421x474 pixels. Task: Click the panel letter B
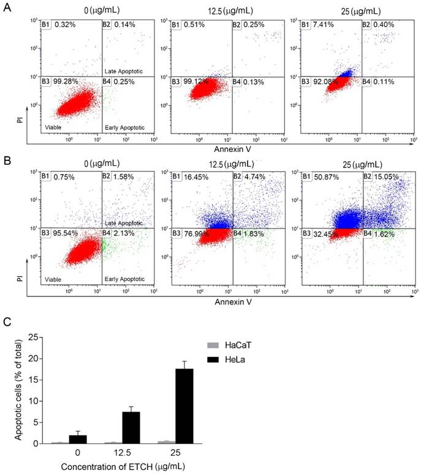click(x=7, y=162)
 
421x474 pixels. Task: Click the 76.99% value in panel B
click(x=202, y=233)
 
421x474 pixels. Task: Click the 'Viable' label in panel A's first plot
click(x=51, y=127)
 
